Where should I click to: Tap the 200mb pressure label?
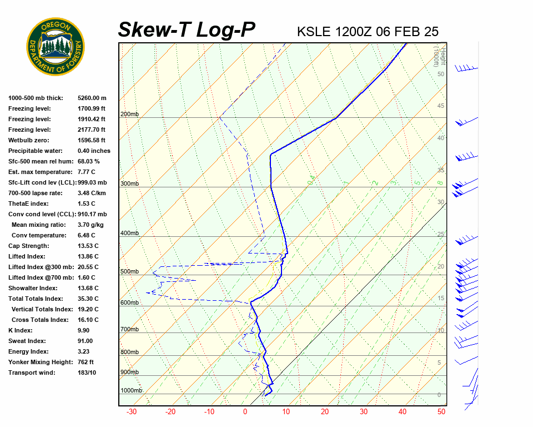click(129, 115)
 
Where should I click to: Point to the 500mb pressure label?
click(129, 271)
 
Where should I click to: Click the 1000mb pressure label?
click(132, 390)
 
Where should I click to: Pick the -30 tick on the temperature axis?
click(132, 412)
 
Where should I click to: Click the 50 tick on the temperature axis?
click(441, 412)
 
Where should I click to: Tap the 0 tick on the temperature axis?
click(245, 412)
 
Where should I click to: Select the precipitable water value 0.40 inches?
click(94, 151)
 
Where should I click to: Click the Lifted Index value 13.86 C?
click(88, 256)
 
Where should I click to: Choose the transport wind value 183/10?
click(87, 373)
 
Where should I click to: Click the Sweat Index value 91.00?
click(86, 341)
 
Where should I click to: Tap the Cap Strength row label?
click(29, 246)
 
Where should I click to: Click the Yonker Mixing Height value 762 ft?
click(86, 362)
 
